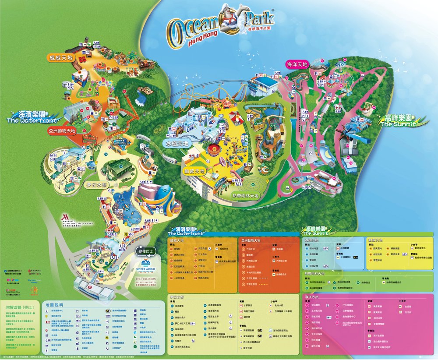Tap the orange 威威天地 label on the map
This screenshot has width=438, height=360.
(x=60, y=57)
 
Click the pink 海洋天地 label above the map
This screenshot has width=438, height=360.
(x=297, y=64)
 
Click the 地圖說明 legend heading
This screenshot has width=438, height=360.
(x=54, y=304)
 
